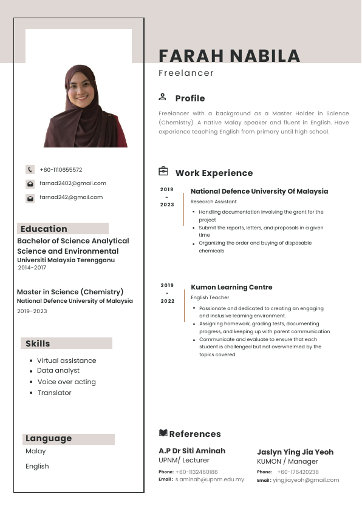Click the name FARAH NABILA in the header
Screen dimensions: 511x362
[229, 56]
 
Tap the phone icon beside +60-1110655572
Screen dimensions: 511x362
[30, 170]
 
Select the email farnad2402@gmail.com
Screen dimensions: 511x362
[73, 183]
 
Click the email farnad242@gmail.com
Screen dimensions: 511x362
[71, 197]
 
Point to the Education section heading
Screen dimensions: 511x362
[44, 229]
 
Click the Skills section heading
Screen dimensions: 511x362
[38, 343]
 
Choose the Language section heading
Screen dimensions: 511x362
[49, 439]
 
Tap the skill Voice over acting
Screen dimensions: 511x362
[66, 382]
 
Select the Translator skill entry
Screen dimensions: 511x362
[54, 393]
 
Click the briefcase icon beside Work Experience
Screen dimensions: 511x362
[163, 172]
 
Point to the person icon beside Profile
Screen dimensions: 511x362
[162, 97]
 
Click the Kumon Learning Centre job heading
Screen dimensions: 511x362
[231, 287]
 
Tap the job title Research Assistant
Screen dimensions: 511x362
[213, 201]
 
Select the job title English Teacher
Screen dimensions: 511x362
[210, 297]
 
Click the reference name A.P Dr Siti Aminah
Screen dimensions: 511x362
[192, 451]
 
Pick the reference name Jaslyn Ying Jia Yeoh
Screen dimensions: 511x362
[295, 452]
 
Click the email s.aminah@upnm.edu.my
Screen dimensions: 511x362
[210, 479]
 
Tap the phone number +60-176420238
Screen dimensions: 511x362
[298, 472]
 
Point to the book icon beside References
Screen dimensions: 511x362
[163, 433]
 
